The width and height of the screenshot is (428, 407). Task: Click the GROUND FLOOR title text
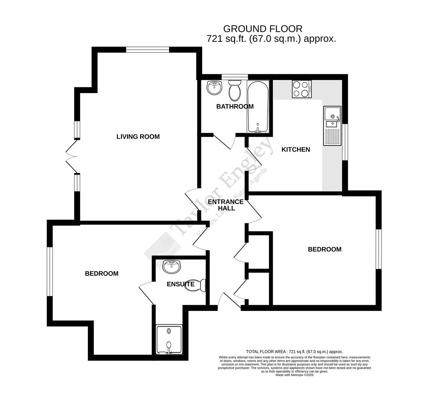262,29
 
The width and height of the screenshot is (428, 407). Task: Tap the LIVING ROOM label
138,136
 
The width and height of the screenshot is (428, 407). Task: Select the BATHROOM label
235,106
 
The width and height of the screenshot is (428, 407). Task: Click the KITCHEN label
296,149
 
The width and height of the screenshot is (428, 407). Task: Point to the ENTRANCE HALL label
226,205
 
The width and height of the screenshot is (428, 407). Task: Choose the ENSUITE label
180,284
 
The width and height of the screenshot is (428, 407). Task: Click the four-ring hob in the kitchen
302,89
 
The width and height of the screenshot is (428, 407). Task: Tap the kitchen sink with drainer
332,125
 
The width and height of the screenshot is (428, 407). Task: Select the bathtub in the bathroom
258,107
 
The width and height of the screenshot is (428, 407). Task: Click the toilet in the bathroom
235,90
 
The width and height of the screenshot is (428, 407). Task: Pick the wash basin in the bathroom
214,88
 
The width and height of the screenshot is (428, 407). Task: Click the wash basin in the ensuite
172,266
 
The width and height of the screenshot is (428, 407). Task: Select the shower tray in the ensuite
169,340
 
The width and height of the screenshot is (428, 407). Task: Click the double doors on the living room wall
72,156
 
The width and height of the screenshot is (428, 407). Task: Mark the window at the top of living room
147,49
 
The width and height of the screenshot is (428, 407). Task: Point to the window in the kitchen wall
345,142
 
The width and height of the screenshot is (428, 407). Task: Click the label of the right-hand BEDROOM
324,249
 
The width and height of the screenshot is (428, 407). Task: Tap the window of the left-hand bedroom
49,271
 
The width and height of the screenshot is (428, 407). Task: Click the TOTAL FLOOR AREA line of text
294,352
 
